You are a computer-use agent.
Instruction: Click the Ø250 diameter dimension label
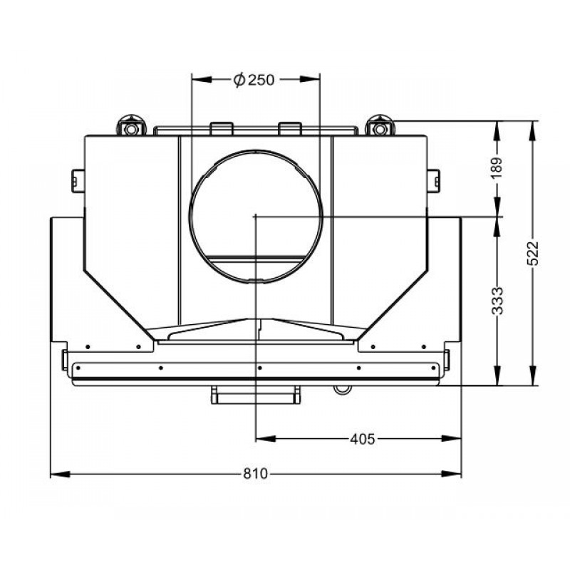254,80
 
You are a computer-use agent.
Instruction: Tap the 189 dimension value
497,167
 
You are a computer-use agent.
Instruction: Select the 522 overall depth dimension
532,254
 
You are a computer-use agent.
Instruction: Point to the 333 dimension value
497,301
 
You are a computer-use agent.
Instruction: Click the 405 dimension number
362,439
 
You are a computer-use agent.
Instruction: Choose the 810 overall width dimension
256,474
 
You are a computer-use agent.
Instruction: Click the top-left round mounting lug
131,125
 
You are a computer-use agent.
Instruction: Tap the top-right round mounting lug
380,125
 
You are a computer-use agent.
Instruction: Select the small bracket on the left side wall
78,181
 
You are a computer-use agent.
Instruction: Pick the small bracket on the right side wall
433,181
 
